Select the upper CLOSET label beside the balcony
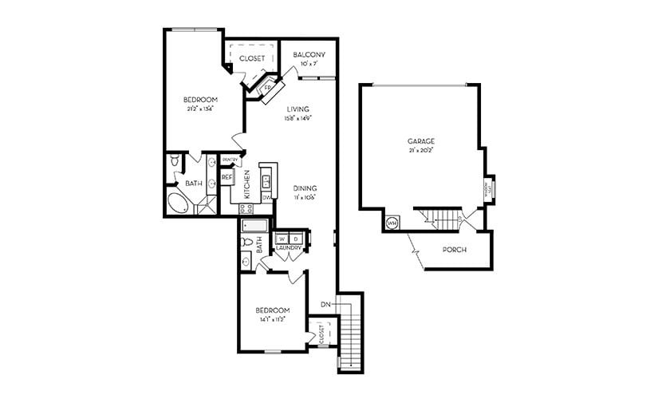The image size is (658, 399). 252,58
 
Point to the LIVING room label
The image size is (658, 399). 297,109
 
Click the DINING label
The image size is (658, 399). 305,188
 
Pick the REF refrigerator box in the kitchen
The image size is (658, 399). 227,176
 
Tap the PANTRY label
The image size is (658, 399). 230,160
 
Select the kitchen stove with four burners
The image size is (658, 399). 246,208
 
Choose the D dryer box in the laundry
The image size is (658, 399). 295,239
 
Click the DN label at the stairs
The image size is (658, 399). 325,304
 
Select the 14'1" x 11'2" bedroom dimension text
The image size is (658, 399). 272,319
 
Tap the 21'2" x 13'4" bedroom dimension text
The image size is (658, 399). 199,109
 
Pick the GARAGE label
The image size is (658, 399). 420,141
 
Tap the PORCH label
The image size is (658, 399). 454,250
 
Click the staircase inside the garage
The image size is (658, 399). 442,217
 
